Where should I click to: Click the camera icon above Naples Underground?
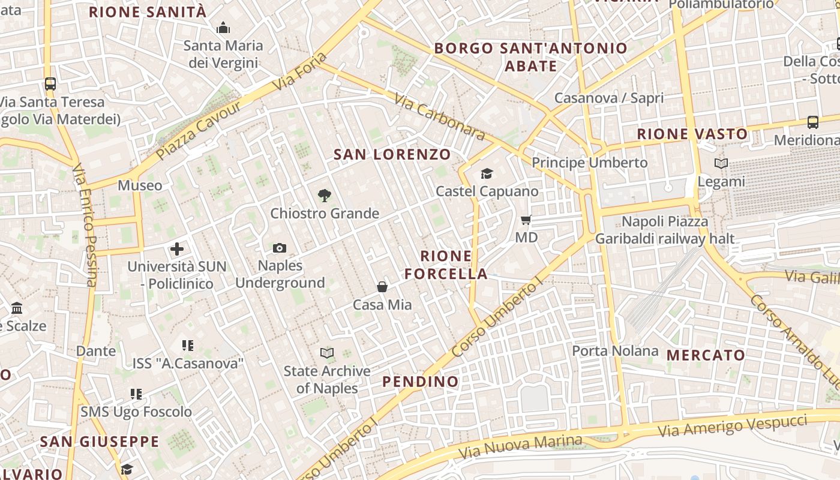pos(279,248)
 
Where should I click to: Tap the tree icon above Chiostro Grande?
pos(324,195)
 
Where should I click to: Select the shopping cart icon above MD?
pos(526,220)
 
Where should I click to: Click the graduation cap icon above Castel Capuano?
pos(487,174)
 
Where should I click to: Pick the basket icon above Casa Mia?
pos(382,287)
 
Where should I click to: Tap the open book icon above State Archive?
pos(327,353)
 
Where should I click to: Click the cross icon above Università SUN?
pos(177,248)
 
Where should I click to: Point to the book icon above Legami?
pos(721,163)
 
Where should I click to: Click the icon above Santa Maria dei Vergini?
pos(223,28)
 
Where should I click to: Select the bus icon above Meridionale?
pos(813,122)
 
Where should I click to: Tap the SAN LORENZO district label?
pos(392,154)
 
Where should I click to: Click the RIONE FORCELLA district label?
pos(446,265)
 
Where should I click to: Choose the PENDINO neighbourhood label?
pos(420,382)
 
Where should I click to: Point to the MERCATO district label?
pos(706,355)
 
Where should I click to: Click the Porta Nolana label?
pos(615,350)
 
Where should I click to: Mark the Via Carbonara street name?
pos(440,117)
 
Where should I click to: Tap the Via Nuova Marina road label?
pos(520,446)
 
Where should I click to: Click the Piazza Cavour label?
pos(198,130)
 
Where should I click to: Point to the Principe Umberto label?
pos(590,163)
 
